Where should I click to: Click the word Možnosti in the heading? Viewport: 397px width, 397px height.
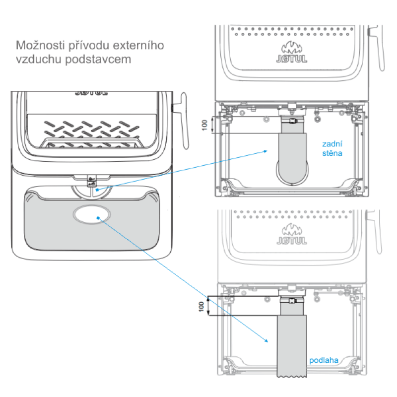point(36,46)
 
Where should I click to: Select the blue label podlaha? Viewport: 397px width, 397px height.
point(324,361)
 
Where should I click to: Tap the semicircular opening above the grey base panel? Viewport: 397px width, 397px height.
point(92,190)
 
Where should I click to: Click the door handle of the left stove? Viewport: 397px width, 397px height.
point(181,119)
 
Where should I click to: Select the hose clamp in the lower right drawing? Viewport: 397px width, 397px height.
point(293,300)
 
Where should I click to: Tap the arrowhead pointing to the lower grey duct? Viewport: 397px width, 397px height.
point(266,342)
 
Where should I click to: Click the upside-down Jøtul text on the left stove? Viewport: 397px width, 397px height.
point(86,92)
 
